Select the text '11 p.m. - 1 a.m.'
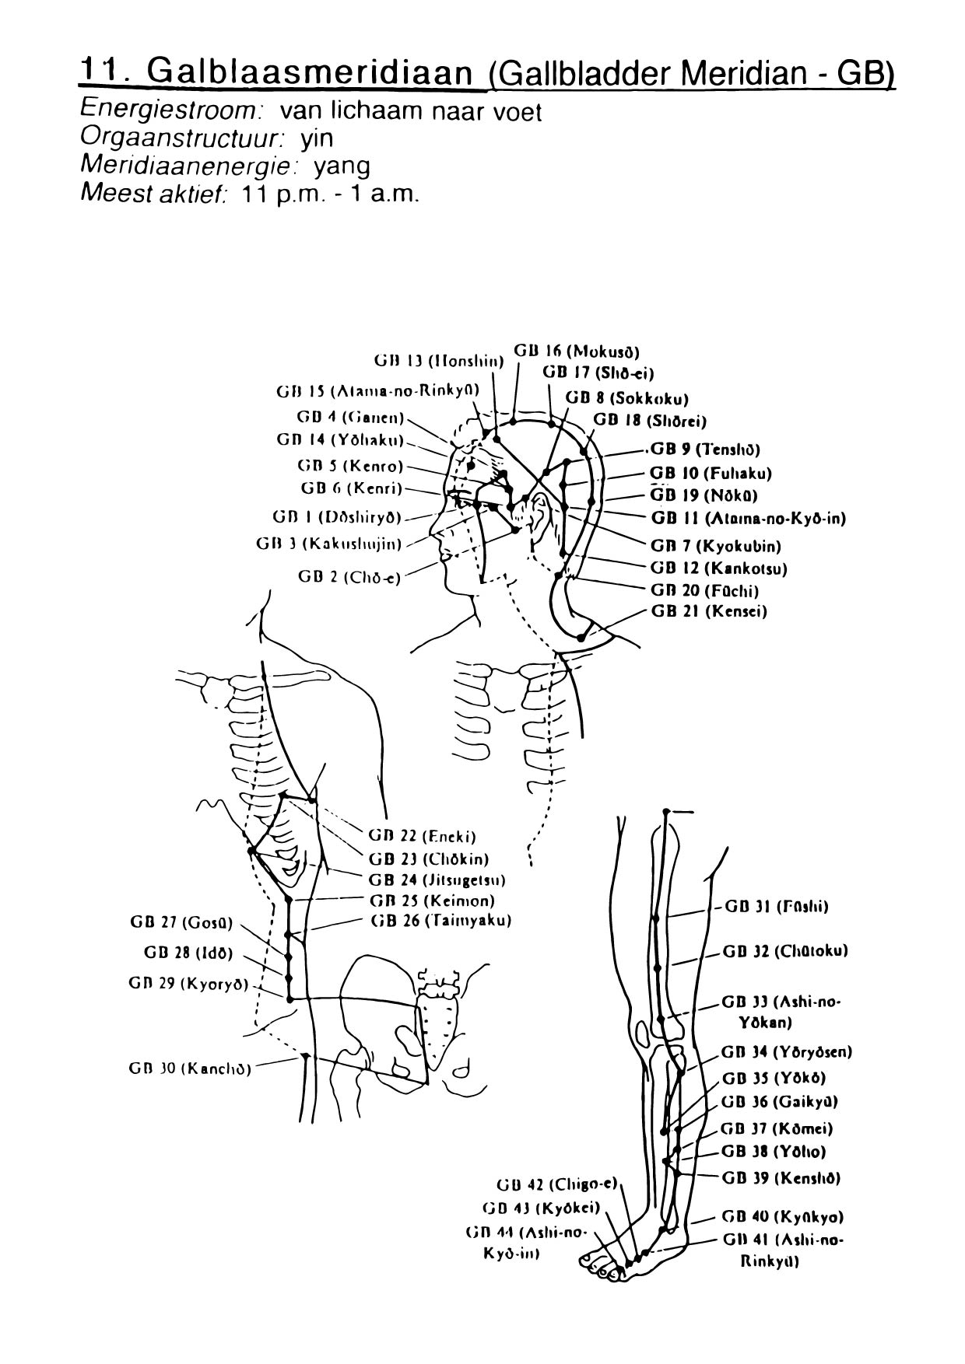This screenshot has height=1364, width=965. click(x=332, y=194)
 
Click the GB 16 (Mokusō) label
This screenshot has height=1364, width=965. click(x=577, y=351)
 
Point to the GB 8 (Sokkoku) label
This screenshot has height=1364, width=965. click(x=627, y=399)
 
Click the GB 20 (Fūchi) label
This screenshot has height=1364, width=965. click(x=704, y=590)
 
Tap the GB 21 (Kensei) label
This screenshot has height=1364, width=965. click(x=708, y=611)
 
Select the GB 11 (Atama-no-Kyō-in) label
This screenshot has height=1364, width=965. click(x=748, y=518)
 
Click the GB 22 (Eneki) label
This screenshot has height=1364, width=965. click(x=422, y=837)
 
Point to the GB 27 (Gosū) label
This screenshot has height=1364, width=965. click(x=181, y=923)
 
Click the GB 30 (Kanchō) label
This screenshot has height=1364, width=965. click(x=190, y=1068)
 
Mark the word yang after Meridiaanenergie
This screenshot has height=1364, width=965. click(x=342, y=166)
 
